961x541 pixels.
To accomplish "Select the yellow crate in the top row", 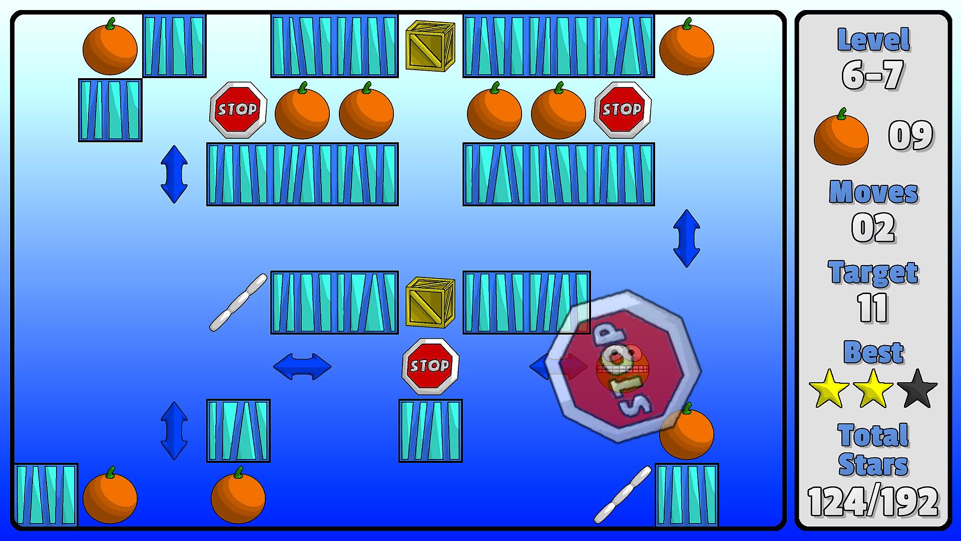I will click(430, 46).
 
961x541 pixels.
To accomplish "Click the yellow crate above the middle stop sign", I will click(430, 302).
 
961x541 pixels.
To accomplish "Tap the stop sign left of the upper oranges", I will click(238, 110).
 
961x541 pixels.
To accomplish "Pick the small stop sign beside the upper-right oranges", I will click(622, 110).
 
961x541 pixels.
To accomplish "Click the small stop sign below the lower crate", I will click(430, 366).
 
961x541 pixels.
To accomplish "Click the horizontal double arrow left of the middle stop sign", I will click(302, 366).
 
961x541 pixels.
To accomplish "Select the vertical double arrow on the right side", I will click(686, 238).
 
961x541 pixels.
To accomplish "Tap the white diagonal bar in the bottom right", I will click(622, 494).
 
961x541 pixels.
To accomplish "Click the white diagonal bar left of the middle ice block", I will click(238, 302).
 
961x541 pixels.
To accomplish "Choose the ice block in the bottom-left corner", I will click(46, 494).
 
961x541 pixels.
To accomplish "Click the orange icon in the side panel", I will click(841, 138).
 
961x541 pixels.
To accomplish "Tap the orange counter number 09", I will click(910, 136).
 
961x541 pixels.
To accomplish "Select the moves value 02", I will click(873, 228).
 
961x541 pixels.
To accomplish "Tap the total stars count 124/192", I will click(873, 501).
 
